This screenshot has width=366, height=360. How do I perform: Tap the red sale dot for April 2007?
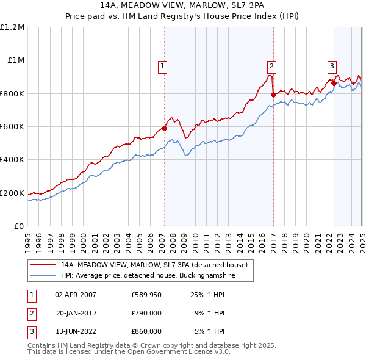coord(164,128)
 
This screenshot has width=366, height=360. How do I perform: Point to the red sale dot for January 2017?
coord(273,95)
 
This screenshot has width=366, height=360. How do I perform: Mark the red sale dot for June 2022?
coord(334,83)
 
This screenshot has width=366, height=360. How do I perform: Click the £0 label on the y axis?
coord(20,226)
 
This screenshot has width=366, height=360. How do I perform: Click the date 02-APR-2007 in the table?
coord(76,294)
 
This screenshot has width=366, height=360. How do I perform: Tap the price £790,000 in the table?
coord(146,313)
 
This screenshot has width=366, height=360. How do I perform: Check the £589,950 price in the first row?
coord(146,294)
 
